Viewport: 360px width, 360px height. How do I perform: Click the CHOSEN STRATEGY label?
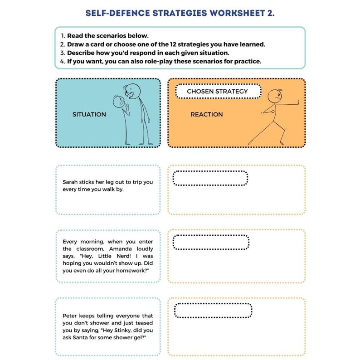218,91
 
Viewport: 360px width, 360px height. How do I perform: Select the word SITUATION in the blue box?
89,115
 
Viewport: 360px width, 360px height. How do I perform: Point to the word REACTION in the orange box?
206,115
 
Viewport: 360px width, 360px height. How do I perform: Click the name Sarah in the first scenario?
71,182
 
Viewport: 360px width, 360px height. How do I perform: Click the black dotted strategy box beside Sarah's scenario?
210,178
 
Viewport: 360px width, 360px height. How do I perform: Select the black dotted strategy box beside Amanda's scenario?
210,243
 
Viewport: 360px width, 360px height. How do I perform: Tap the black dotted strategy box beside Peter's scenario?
213,310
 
